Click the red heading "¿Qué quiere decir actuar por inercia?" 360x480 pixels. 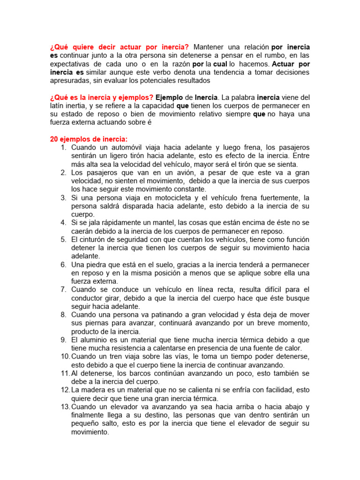[x=119, y=47]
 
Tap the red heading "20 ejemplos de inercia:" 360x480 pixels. [x=89, y=139]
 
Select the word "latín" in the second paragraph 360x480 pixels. [x=59, y=105]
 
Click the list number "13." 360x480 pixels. [x=65, y=407]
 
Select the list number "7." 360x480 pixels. [x=63, y=290]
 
